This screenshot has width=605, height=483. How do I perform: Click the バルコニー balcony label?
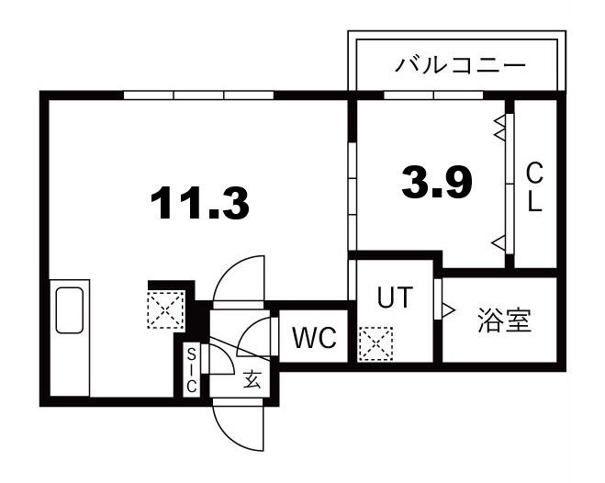coord(460,65)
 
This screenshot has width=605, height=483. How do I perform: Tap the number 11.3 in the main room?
coord(201,202)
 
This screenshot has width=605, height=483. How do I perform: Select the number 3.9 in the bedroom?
coord(436,184)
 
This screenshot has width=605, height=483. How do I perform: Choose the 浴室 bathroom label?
coord(504,322)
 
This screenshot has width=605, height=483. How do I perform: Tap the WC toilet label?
coord(313,339)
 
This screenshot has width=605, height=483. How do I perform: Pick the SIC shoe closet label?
coord(192,370)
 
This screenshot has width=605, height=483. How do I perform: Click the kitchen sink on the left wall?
coord(70,310)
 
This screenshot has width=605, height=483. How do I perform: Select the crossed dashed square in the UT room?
coord(375,345)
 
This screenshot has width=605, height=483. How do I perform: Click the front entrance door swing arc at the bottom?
coord(238,427)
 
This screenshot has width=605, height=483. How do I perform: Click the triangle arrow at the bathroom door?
coord(449,310)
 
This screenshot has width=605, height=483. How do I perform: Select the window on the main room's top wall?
coord(198,94)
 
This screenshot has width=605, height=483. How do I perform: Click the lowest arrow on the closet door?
coord(499,242)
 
